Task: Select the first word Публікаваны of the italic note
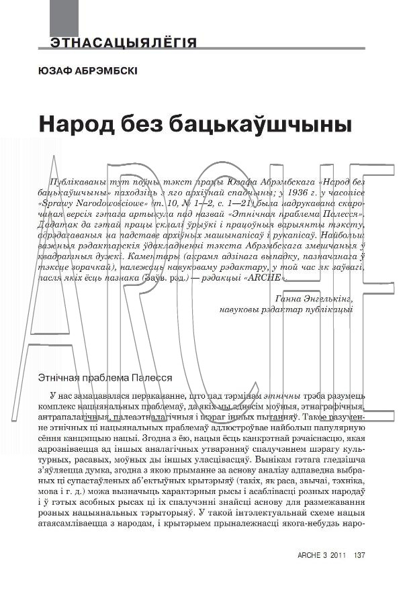tap(79, 182)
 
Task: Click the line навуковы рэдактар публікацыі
tap(285, 309)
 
